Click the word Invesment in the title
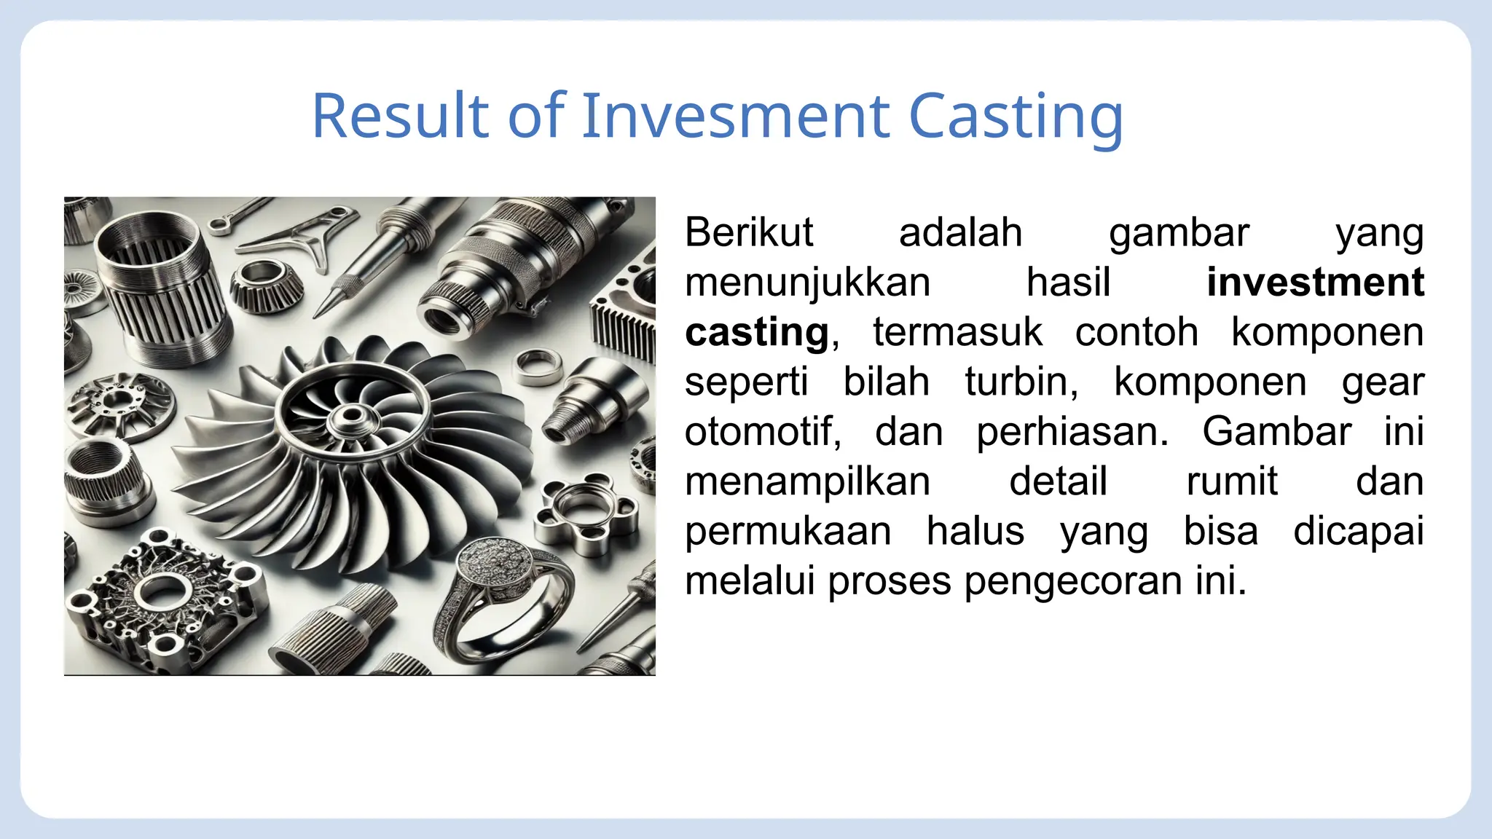pos(735,116)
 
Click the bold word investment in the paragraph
pos(1314,283)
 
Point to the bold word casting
pos(756,334)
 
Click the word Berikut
pos(748,233)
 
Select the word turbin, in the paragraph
pos(1021,382)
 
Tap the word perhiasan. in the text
pos(1072,432)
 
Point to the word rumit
pos(1231,481)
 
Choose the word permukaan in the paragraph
pos(788,532)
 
